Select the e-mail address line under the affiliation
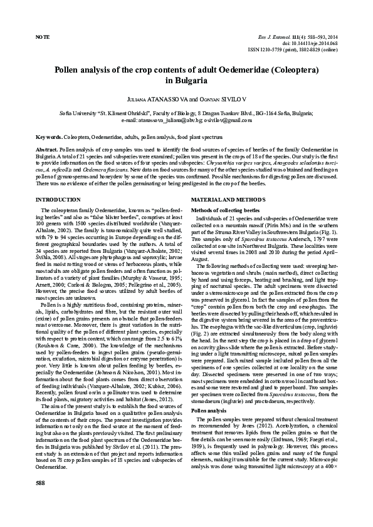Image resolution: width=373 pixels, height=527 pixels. (186, 119)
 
